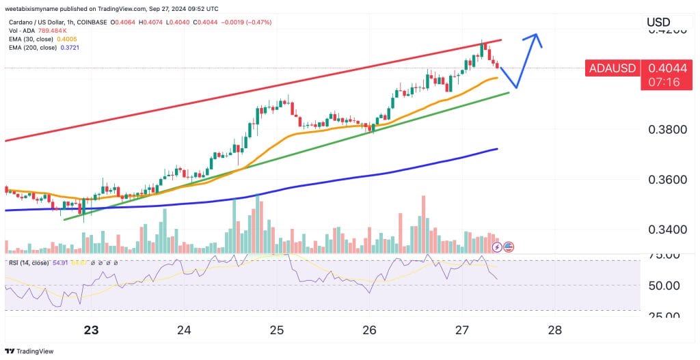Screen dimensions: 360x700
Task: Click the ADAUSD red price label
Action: (612, 68)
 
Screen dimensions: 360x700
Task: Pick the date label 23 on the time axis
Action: (91, 330)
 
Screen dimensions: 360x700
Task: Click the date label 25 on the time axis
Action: (276, 330)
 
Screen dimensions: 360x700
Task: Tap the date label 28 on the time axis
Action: (554, 330)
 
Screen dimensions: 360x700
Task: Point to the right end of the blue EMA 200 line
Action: (496, 149)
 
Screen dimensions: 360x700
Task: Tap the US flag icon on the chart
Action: (508, 247)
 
